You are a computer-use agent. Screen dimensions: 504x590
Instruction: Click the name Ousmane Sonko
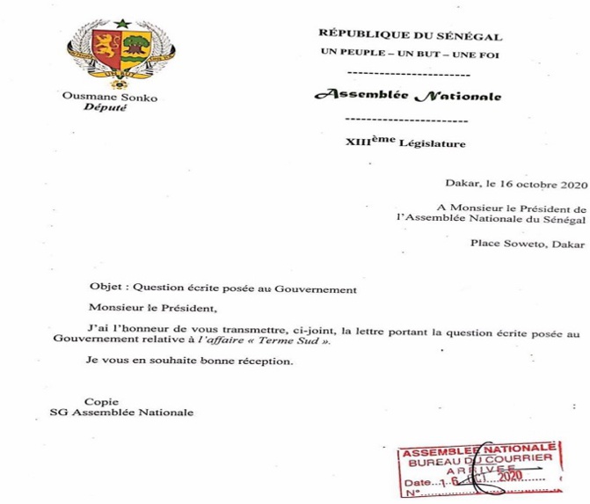point(112,98)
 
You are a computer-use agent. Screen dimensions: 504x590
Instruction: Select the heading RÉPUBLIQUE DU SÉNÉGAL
point(411,37)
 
